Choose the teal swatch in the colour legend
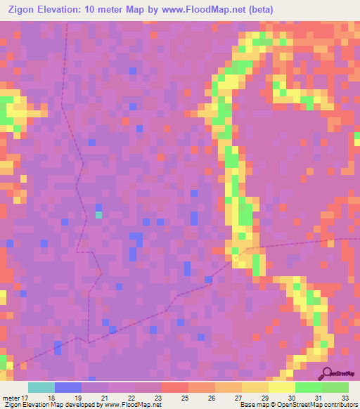coord(41,387)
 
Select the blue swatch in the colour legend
coord(68,387)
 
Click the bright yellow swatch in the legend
coord(281,387)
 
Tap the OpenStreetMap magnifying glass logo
coord(327,373)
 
